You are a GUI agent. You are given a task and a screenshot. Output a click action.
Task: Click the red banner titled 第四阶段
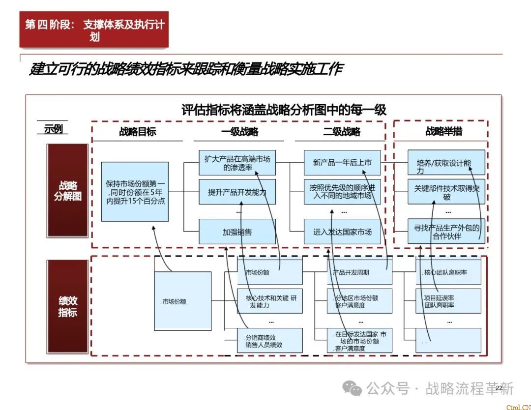94,29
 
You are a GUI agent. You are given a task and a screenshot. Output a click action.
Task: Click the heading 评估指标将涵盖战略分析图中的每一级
284,110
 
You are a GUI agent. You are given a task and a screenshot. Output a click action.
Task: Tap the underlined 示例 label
53,129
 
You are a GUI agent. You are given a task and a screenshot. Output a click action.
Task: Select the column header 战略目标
138,131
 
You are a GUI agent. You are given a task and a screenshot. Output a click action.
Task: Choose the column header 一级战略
239,131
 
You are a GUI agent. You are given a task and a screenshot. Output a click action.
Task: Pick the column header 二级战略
342,131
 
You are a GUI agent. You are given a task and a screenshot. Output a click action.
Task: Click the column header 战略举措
443,131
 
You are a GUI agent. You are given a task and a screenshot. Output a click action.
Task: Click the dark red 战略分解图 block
68,191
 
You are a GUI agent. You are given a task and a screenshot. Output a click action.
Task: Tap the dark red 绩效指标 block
68,306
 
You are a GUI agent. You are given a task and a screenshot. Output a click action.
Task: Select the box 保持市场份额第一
135,192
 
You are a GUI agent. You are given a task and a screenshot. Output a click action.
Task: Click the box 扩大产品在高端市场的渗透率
237,163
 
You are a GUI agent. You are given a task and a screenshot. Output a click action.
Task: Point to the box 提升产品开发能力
237,192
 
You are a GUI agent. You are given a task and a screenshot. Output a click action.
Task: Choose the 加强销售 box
237,232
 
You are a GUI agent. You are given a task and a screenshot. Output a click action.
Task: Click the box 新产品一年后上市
342,163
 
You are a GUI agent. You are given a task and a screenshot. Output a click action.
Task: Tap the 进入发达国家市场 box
342,232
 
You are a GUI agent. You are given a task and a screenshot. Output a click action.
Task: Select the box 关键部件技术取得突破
446,192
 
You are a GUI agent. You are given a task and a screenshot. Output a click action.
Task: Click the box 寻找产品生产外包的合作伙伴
446,232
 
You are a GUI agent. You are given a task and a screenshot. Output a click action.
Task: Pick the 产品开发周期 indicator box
359,272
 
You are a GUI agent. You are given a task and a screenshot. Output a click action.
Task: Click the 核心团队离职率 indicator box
448,272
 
